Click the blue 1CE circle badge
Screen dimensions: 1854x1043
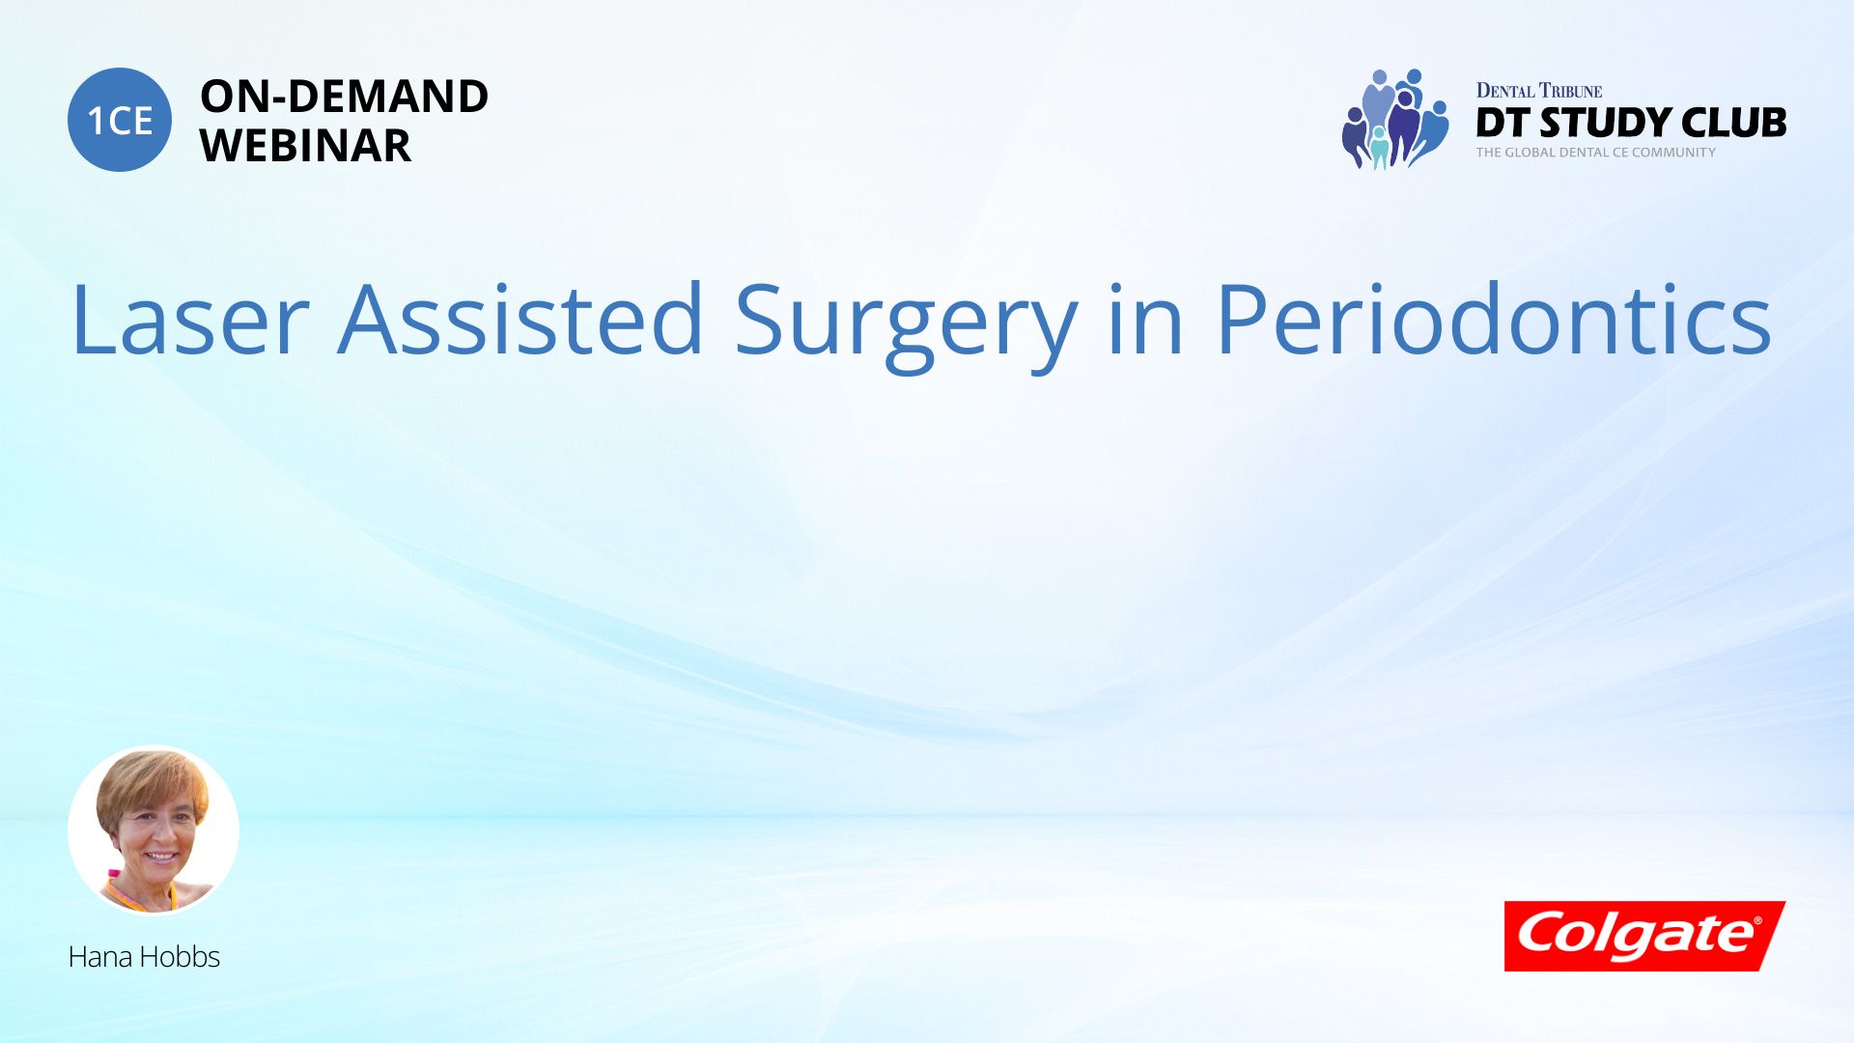pyautogui.click(x=120, y=120)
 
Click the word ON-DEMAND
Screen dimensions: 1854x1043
pyautogui.click(x=344, y=97)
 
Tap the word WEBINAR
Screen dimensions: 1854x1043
pyautogui.click(x=305, y=146)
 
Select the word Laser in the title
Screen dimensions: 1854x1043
pyautogui.click(x=190, y=320)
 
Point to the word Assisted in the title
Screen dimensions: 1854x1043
pyautogui.click(x=520, y=319)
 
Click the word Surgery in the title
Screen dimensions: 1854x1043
pyautogui.click(x=906, y=325)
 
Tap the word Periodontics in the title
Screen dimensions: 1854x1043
pyautogui.click(x=1493, y=319)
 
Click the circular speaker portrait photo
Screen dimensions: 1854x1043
pyautogui.click(x=154, y=830)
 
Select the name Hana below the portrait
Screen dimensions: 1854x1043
pyautogui.click(x=100, y=957)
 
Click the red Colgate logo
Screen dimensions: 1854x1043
pyautogui.click(x=1645, y=936)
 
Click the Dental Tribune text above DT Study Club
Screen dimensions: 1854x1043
pyautogui.click(x=1539, y=91)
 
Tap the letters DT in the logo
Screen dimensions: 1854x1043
pyautogui.click(x=1503, y=123)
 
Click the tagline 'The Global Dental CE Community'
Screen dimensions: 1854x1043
pyautogui.click(x=1596, y=153)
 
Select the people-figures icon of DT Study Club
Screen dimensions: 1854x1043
pyautogui.click(x=1395, y=119)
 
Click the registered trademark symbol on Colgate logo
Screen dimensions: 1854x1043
pyautogui.click(x=1757, y=920)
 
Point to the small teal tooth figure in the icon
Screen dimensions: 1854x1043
pyautogui.click(x=1379, y=148)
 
